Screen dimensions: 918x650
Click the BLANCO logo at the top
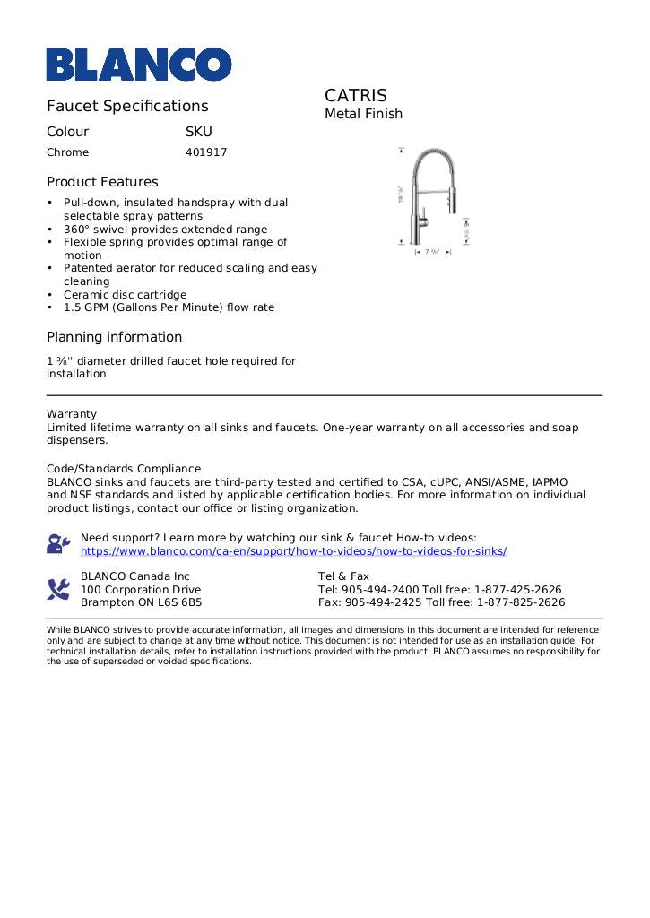coord(139,64)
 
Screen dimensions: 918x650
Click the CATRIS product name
coord(356,95)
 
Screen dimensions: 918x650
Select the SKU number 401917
coord(206,152)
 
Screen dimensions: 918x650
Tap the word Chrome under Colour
coord(68,152)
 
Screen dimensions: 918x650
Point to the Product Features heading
coord(102,182)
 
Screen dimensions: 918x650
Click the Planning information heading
coord(114,337)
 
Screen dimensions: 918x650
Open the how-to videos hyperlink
coord(293,551)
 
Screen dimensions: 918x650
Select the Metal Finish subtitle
coord(363,114)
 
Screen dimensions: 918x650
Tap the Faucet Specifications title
coord(127,106)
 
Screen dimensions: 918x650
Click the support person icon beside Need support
coord(58,544)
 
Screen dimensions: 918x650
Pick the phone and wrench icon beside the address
coord(58,589)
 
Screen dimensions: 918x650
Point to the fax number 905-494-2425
coord(384,602)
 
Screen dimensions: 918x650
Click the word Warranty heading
coord(72,414)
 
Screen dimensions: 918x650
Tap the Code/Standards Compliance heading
coord(124,469)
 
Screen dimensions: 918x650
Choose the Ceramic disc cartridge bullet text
coord(125,295)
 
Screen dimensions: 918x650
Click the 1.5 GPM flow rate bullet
coord(169,307)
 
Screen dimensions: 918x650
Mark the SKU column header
coord(198,132)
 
